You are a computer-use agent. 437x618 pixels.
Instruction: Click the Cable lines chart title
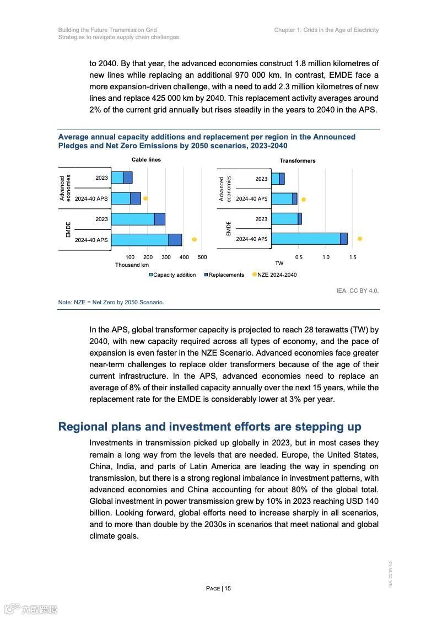[146, 160]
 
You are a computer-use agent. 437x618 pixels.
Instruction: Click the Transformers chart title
[297, 161]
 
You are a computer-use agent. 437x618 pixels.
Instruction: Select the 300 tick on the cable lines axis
[166, 257]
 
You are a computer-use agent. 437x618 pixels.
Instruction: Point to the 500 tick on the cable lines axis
[202, 257]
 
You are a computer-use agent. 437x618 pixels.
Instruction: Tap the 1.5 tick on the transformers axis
[353, 257]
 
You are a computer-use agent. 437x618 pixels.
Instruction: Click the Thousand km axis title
[132, 265]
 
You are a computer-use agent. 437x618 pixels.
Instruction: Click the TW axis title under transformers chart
[279, 264]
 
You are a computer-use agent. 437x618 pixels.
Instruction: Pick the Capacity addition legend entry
[172, 275]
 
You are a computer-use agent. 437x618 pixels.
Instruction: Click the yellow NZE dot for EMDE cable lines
[194, 239]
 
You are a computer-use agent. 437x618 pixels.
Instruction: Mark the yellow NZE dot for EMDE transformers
[360, 239]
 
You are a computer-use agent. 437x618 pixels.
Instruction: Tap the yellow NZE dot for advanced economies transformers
[303, 200]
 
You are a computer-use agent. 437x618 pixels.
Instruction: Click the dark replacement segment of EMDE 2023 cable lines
[160, 219]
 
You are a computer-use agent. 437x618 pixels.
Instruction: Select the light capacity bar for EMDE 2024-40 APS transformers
[306, 239]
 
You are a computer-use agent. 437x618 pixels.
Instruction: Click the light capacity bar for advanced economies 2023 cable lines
[117, 178]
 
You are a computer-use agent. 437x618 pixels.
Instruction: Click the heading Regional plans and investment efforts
[209, 427]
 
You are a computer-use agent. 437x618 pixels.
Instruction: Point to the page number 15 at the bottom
[219, 588]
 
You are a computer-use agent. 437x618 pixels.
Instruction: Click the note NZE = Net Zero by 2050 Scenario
[111, 302]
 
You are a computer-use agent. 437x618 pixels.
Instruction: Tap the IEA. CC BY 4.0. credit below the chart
[357, 291]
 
